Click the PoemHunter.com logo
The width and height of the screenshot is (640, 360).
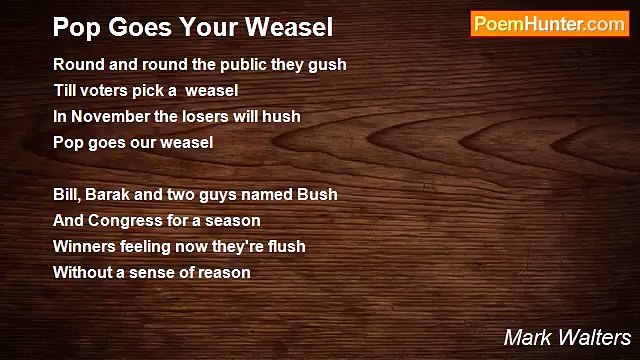coord(549,24)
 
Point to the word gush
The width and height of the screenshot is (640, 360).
coord(329,65)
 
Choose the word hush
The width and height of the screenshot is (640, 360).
coord(282,117)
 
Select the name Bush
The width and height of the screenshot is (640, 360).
coord(319,194)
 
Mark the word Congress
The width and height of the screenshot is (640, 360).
coord(123,220)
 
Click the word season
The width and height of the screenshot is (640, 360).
coord(232,220)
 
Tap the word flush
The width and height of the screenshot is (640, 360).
coord(285,246)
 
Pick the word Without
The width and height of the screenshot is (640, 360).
coord(83,272)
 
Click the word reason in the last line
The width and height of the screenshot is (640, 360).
coord(224,272)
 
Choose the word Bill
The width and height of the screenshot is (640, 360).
coord(67,194)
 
